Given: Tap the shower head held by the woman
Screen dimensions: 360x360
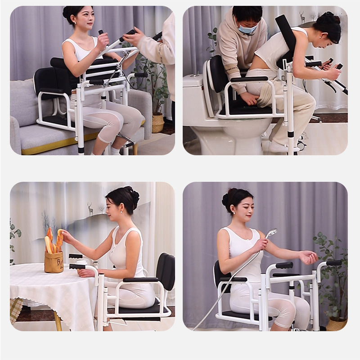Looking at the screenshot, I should [x=271, y=233].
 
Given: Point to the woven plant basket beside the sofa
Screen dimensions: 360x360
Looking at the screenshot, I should [x=158, y=122].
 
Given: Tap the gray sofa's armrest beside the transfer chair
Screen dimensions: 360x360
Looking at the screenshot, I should [x=18, y=130].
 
